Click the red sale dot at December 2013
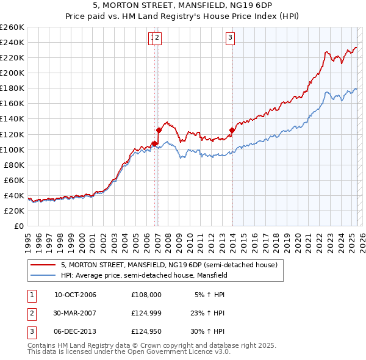232,130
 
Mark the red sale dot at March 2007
159,130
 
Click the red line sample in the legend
42,265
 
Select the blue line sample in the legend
42,275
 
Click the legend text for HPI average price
144,275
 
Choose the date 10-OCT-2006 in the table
75,295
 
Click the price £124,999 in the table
146,313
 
